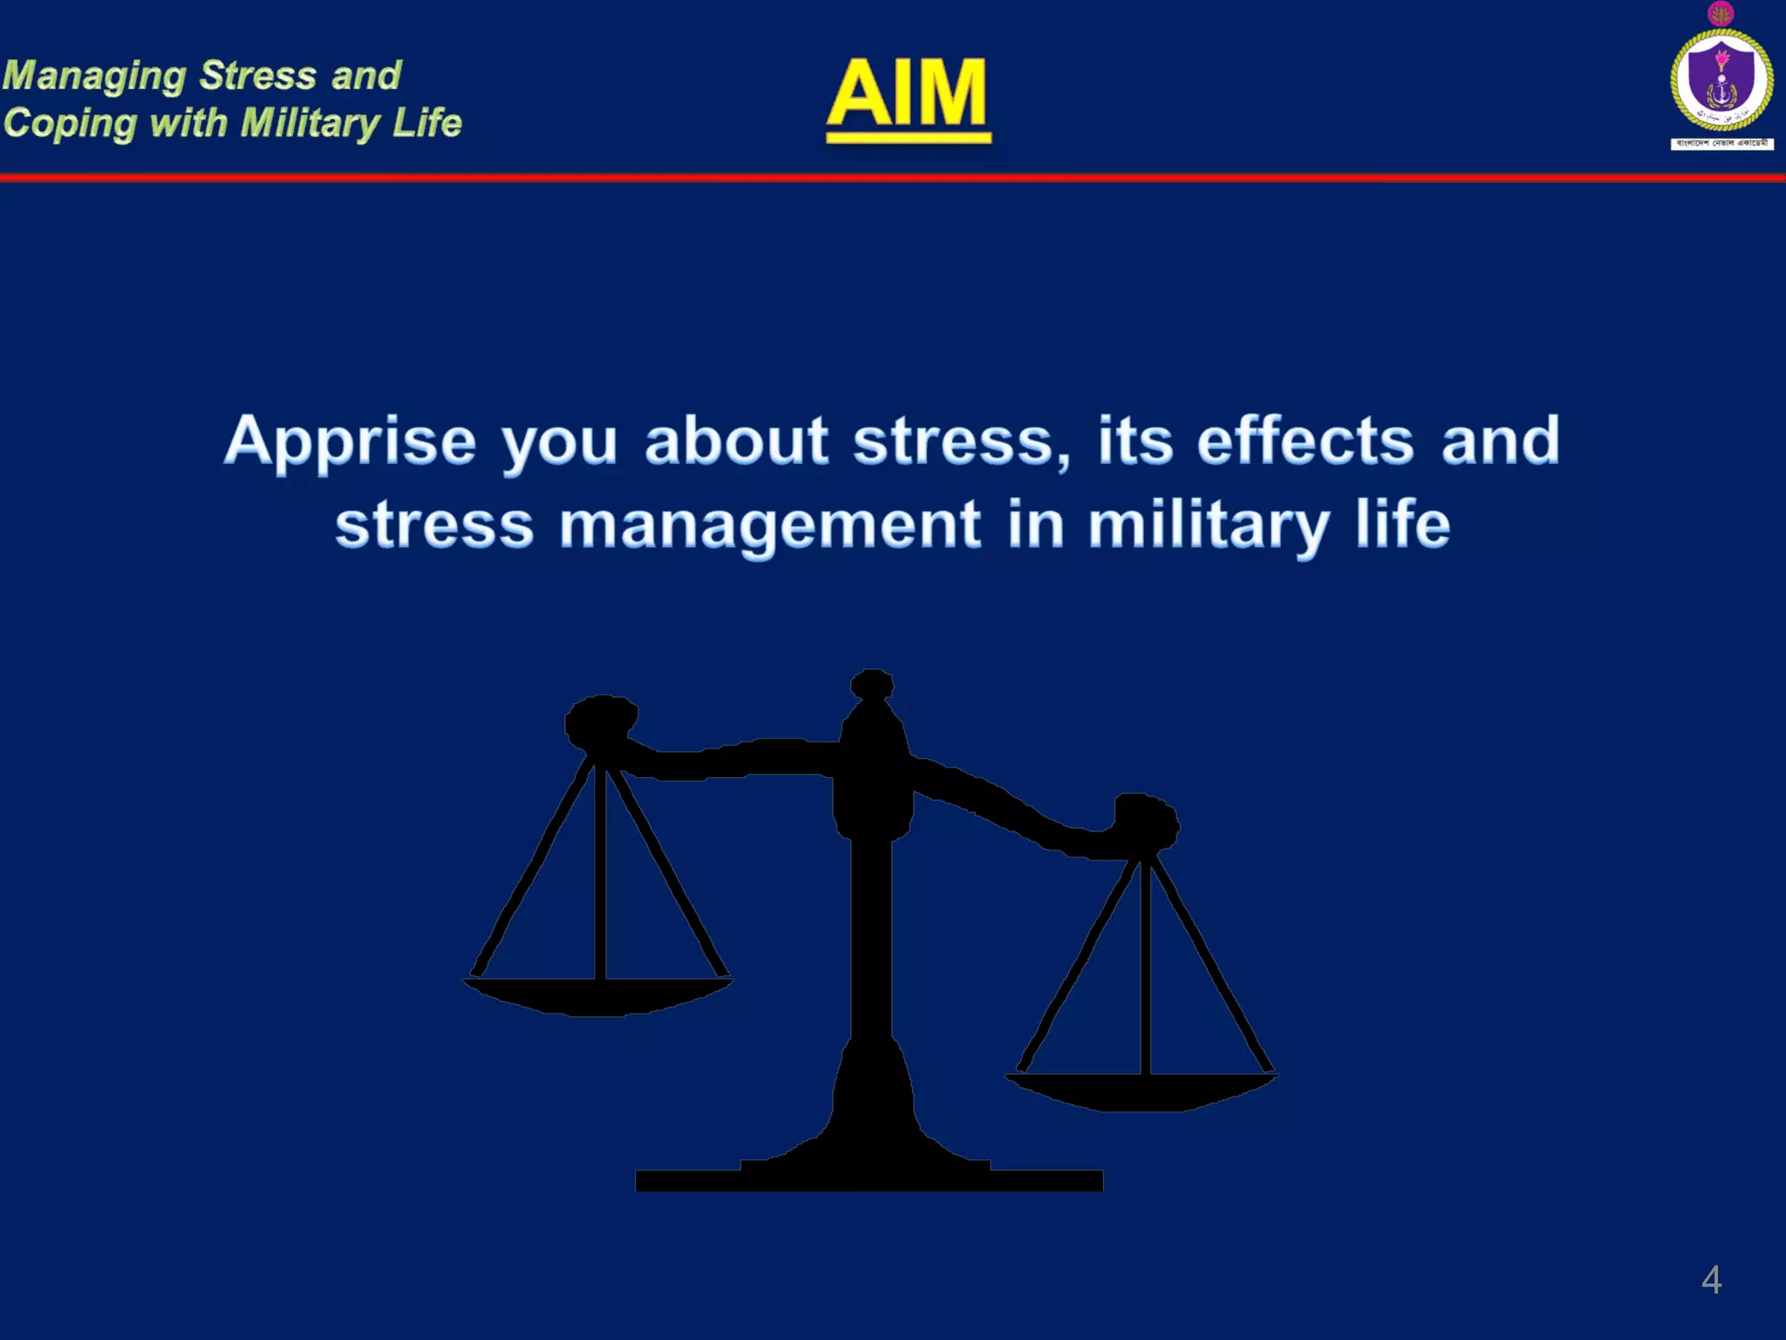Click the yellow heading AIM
[907, 94]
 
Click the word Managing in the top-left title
[94, 77]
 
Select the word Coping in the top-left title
[70, 124]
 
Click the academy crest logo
[1721, 80]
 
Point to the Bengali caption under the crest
[1721, 143]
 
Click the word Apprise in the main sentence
[350, 441]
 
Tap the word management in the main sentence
[770, 526]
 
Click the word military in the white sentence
[1209, 526]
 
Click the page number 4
[1711, 1280]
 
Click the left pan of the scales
[598, 995]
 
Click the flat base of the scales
[869, 1179]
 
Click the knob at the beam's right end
[1145, 821]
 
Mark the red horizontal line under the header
[893, 178]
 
